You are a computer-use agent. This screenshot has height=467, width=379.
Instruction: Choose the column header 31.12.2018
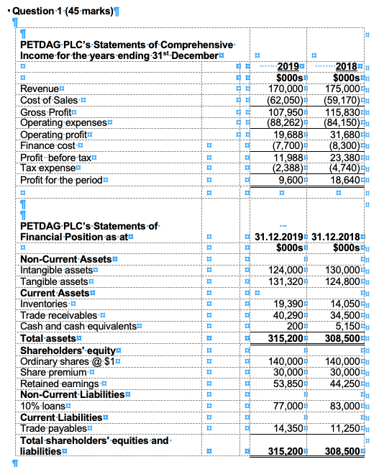[337, 236]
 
